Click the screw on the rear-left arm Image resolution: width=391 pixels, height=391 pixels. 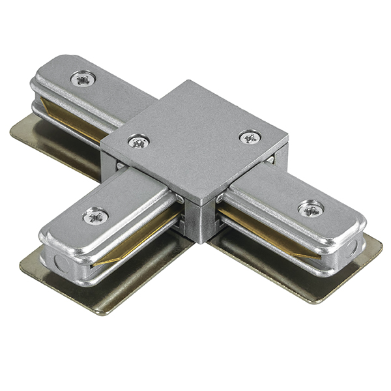coord(83,79)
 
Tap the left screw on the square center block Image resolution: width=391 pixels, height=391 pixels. coord(138,140)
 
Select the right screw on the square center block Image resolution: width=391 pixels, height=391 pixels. coord(250,137)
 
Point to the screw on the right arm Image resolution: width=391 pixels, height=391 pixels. coord(311,209)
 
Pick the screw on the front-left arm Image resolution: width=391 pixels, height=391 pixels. coord(96,216)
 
